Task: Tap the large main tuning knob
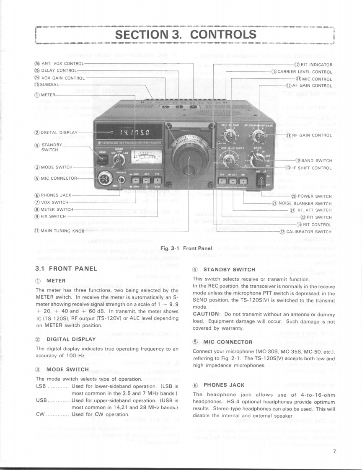(188, 157)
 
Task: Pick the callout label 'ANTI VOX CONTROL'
(56, 64)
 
